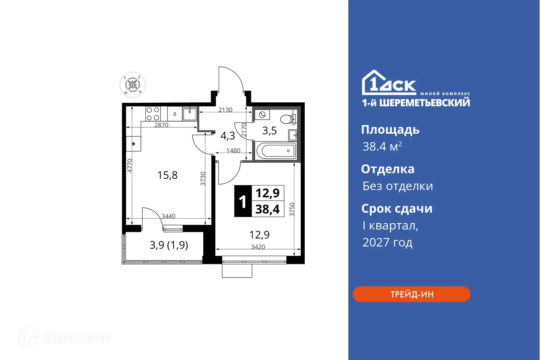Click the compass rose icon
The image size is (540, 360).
click(x=132, y=85)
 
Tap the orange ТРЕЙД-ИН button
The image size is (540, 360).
click(x=411, y=294)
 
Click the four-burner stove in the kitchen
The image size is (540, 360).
click(x=153, y=114)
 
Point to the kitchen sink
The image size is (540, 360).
click(x=189, y=114)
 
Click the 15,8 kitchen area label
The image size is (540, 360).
click(x=168, y=175)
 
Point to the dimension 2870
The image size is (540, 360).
click(x=162, y=125)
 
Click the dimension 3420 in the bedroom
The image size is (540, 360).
click(x=258, y=247)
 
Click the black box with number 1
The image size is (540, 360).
click(x=242, y=201)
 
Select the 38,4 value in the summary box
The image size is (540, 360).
click(x=267, y=209)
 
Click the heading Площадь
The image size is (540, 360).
click(x=390, y=130)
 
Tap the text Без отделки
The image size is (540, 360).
click(x=397, y=186)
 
